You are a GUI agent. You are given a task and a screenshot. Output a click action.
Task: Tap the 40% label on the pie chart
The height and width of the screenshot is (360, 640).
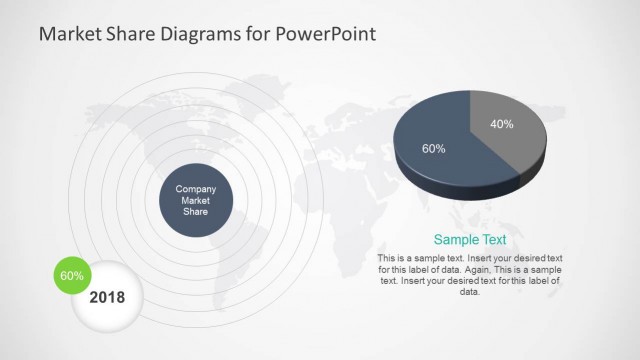click(502, 125)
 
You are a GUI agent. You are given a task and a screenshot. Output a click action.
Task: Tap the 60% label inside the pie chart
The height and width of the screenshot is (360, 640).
click(433, 148)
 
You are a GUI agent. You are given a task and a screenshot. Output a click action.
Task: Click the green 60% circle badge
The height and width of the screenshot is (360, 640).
click(71, 275)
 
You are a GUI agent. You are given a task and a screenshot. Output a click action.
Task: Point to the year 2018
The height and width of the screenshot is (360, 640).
click(108, 297)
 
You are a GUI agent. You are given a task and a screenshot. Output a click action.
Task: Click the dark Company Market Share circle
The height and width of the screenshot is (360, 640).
click(196, 200)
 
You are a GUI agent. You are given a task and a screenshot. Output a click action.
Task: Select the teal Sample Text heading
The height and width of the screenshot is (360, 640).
click(469, 240)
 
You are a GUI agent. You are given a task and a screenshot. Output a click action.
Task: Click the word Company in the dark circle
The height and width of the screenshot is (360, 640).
click(196, 189)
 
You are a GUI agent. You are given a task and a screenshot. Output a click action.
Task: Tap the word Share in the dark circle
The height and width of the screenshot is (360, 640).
click(196, 211)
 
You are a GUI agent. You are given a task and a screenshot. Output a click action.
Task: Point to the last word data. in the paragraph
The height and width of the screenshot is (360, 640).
click(470, 292)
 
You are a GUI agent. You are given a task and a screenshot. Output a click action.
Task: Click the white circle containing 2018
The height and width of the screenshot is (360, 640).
click(108, 300)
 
